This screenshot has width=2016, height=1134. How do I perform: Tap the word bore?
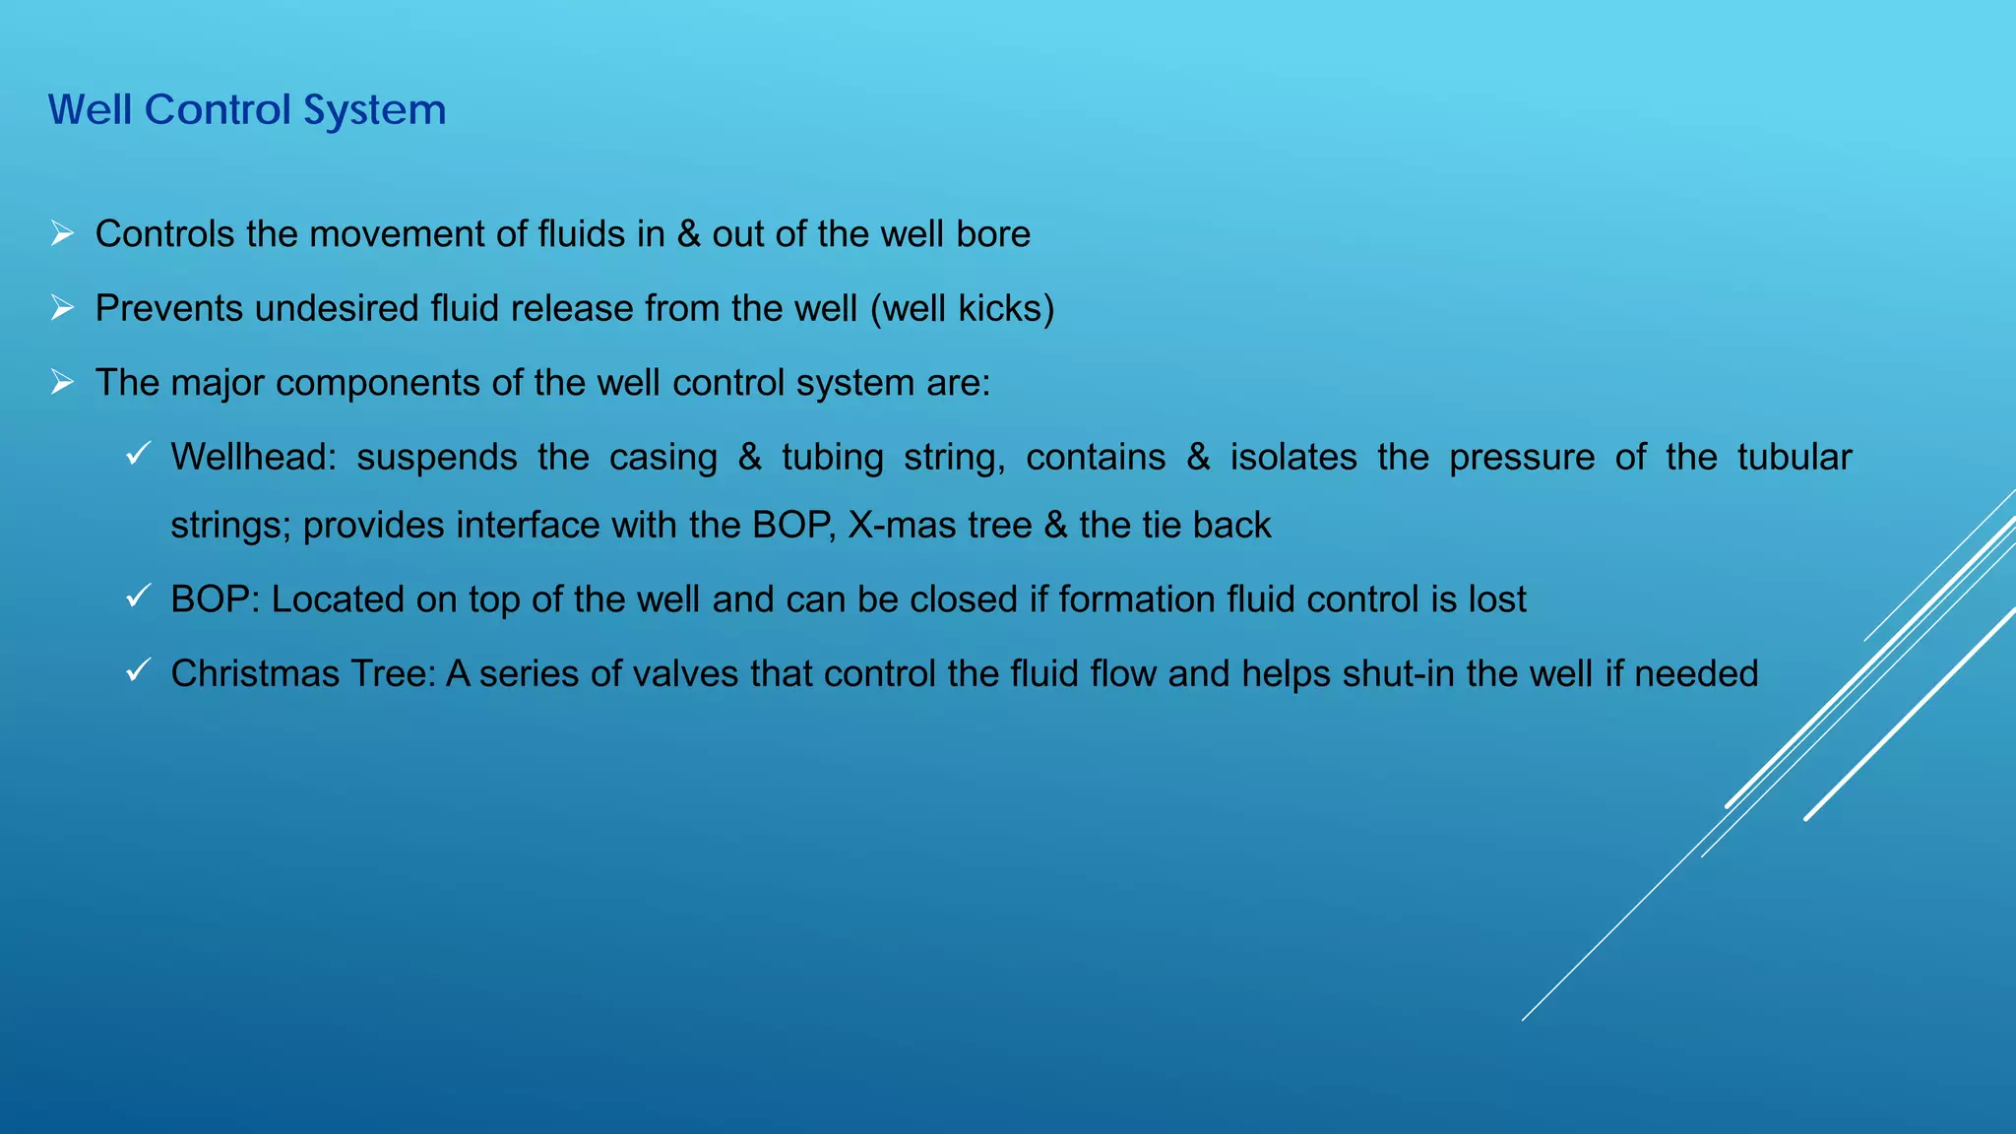point(993,234)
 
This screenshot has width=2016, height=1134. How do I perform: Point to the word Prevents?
point(169,308)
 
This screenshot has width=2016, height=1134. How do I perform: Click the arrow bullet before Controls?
point(62,234)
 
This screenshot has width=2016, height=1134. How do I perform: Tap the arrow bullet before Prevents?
point(62,309)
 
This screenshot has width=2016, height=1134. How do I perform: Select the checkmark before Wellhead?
point(138,455)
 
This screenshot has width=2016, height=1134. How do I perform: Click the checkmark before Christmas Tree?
point(138,671)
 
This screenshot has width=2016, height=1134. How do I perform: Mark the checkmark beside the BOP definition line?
point(138,597)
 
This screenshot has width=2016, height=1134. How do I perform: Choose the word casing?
point(662,458)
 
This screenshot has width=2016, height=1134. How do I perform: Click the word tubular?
point(1794,457)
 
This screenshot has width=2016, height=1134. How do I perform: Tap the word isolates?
point(1292,457)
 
